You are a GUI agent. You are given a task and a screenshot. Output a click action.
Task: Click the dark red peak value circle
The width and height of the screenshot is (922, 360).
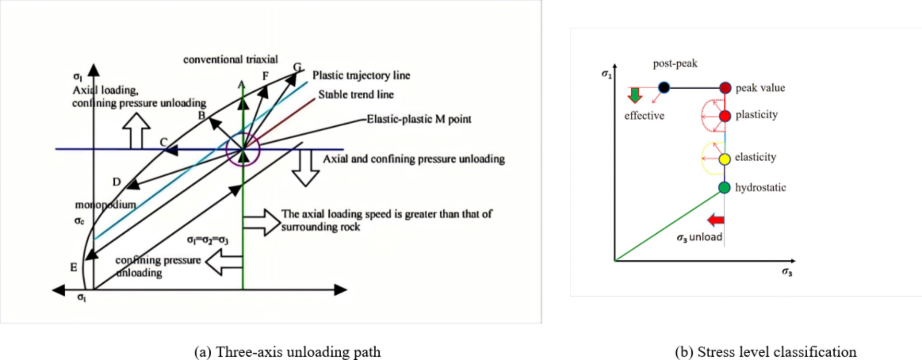click(725, 88)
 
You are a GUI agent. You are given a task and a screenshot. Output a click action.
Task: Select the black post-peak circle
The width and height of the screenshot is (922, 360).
click(664, 87)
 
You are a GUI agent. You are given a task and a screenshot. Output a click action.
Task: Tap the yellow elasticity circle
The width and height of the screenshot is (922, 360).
click(725, 159)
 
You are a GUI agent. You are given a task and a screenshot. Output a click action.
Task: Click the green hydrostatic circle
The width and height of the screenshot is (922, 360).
click(724, 187)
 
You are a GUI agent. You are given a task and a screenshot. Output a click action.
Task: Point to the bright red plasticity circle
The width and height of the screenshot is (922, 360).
click(725, 116)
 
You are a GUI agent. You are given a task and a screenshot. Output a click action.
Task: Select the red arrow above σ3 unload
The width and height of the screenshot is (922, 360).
click(715, 220)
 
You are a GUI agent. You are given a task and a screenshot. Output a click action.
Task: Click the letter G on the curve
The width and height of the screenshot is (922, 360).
click(297, 67)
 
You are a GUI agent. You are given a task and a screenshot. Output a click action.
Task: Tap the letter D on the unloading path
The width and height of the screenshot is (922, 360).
click(117, 182)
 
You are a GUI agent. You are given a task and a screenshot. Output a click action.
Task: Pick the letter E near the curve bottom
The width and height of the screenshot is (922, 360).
click(73, 267)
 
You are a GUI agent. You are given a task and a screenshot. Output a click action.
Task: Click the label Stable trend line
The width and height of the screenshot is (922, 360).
click(356, 95)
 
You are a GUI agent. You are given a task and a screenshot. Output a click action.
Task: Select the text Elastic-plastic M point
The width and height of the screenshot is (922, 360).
click(419, 119)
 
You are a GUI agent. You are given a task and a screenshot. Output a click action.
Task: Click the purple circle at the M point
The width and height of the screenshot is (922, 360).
click(243, 149)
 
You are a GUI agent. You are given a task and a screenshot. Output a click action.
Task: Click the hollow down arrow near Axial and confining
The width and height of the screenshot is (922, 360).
click(305, 168)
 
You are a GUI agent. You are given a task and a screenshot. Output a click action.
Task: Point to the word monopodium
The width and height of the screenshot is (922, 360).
click(106, 204)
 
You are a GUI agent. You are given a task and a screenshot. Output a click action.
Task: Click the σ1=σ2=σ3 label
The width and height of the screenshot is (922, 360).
click(208, 240)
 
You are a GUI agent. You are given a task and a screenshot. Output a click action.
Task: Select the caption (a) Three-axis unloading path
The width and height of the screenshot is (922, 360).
click(287, 352)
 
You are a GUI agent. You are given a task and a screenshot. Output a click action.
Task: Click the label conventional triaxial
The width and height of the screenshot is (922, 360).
click(230, 60)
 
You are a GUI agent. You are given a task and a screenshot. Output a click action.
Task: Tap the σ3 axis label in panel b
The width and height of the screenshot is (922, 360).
click(787, 272)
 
